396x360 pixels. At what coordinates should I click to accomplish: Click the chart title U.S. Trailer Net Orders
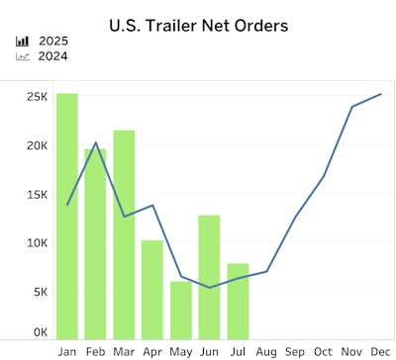[x=198, y=25]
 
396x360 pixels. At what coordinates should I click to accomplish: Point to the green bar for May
[x=180, y=310]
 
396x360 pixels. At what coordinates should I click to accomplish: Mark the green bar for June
[x=209, y=276]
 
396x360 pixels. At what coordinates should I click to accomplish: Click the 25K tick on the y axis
[x=37, y=97]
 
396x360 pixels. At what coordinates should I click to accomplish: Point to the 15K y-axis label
[x=37, y=195]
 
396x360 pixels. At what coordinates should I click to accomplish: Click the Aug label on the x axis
[x=266, y=351]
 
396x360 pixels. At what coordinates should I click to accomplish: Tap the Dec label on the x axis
[x=380, y=351]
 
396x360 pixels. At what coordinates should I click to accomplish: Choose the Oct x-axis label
[x=323, y=351]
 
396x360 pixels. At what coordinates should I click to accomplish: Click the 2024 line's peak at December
[x=380, y=94]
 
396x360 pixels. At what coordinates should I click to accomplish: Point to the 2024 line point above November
[x=351, y=107]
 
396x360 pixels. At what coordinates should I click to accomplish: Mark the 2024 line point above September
[x=295, y=217]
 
